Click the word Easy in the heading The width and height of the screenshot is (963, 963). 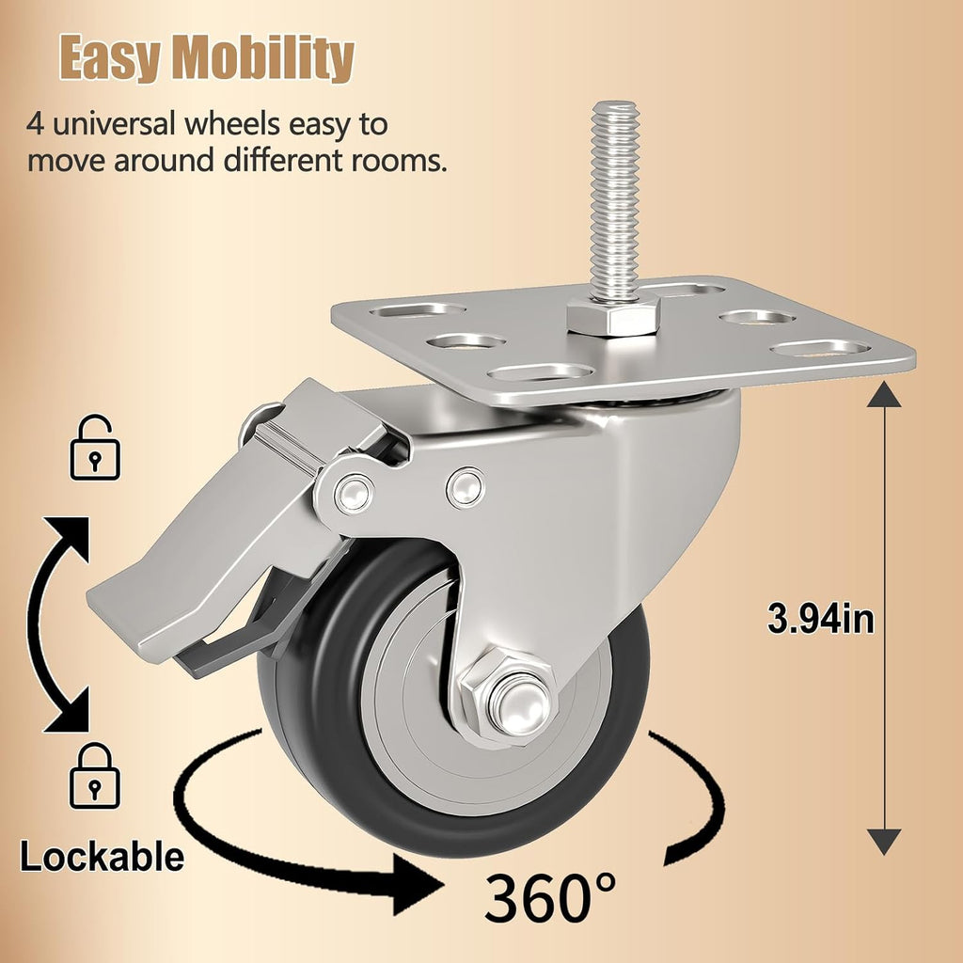pos(110,57)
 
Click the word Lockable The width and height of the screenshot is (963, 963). pos(102,856)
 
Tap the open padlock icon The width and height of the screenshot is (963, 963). pos(95,447)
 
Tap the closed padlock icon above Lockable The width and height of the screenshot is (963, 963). pos(95,776)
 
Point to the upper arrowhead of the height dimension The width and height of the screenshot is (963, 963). pos(884,394)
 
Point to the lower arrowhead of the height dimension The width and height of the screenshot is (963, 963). pos(884,842)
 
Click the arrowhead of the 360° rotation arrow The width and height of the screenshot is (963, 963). pos(418,885)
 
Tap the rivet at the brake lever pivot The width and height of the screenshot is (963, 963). pos(355,492)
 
